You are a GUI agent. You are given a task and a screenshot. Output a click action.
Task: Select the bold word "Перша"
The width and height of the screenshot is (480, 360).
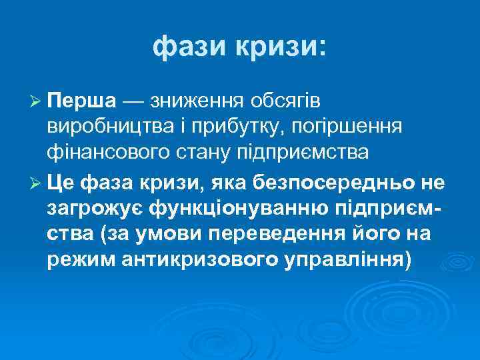tap(83, 101)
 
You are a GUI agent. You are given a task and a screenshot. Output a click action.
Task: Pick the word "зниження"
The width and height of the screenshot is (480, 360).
tap(199, 102)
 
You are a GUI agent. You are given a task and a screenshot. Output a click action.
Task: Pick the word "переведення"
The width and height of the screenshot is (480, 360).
tap(283, 235)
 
